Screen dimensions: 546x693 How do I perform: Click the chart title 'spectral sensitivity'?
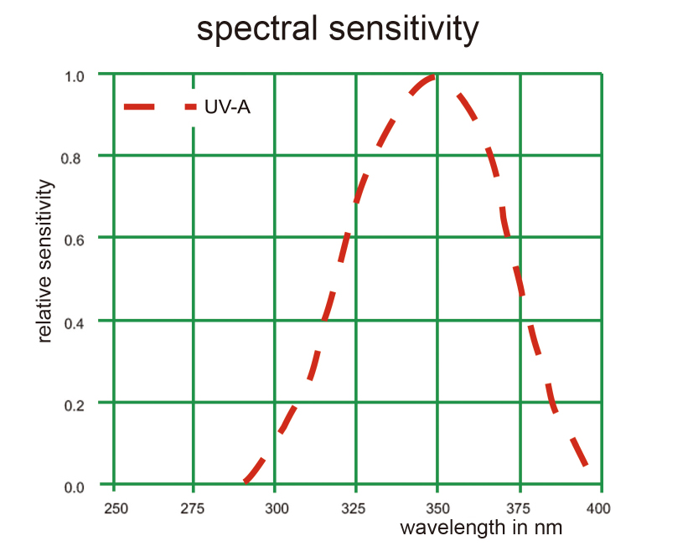tap(337, 28)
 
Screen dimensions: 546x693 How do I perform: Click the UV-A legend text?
tap(227, 107)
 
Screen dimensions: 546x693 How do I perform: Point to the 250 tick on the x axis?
tap(115, 507)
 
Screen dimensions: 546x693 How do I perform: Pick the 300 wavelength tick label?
tap(276, 507)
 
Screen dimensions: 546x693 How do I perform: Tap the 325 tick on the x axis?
tap(356, 507)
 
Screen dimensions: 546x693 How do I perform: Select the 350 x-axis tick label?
tap(437, 507)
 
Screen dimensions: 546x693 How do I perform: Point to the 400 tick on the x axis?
tap(598, 507)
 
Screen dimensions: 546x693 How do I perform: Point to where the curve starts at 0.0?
tap(245, 482)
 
